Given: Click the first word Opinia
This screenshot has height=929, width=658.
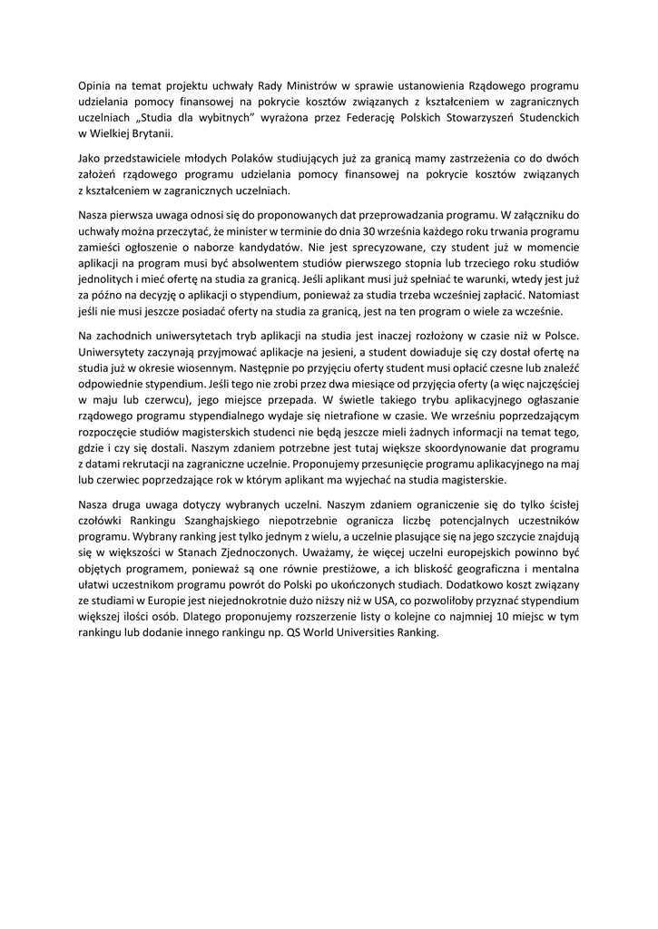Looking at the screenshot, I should [96, 87].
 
